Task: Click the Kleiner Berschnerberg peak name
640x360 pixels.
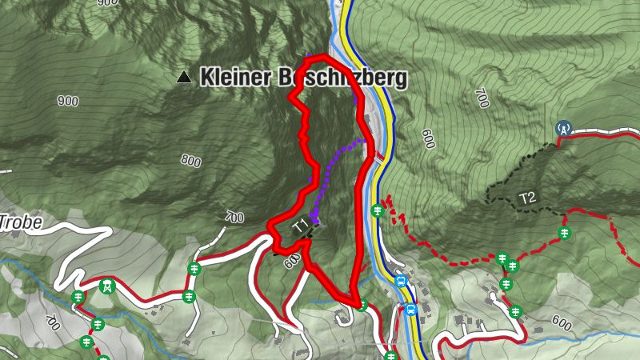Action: pyautogui.click(x=303, y=78)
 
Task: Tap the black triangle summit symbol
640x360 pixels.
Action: pyautogui.click(x=185, y=78)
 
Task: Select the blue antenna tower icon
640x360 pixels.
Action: pyautogui.click(x=563, y=128)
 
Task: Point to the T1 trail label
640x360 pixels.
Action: pyautogui.click(x=300, y=226)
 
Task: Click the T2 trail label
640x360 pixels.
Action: pyautogui.click(x=526, y=198)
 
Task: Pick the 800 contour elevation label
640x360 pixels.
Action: pyautogui.click(x=190, y=161)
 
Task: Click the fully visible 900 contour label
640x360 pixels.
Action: pyautogui.click(x=68, y=102)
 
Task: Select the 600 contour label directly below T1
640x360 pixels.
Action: pyautogui.click(x=291, y=259)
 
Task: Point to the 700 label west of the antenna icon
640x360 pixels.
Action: pyautogui.click(x=481, y=98)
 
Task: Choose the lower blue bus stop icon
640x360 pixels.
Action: pyautogui.click(x=411, y=310)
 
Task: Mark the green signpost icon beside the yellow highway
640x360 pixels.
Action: pyautogui.click(x=378, y=211)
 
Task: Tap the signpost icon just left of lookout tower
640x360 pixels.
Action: pyautogui.click(x=78, y=297)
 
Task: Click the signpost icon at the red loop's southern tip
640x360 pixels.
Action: pyautogui.click(x=362, y=305)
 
